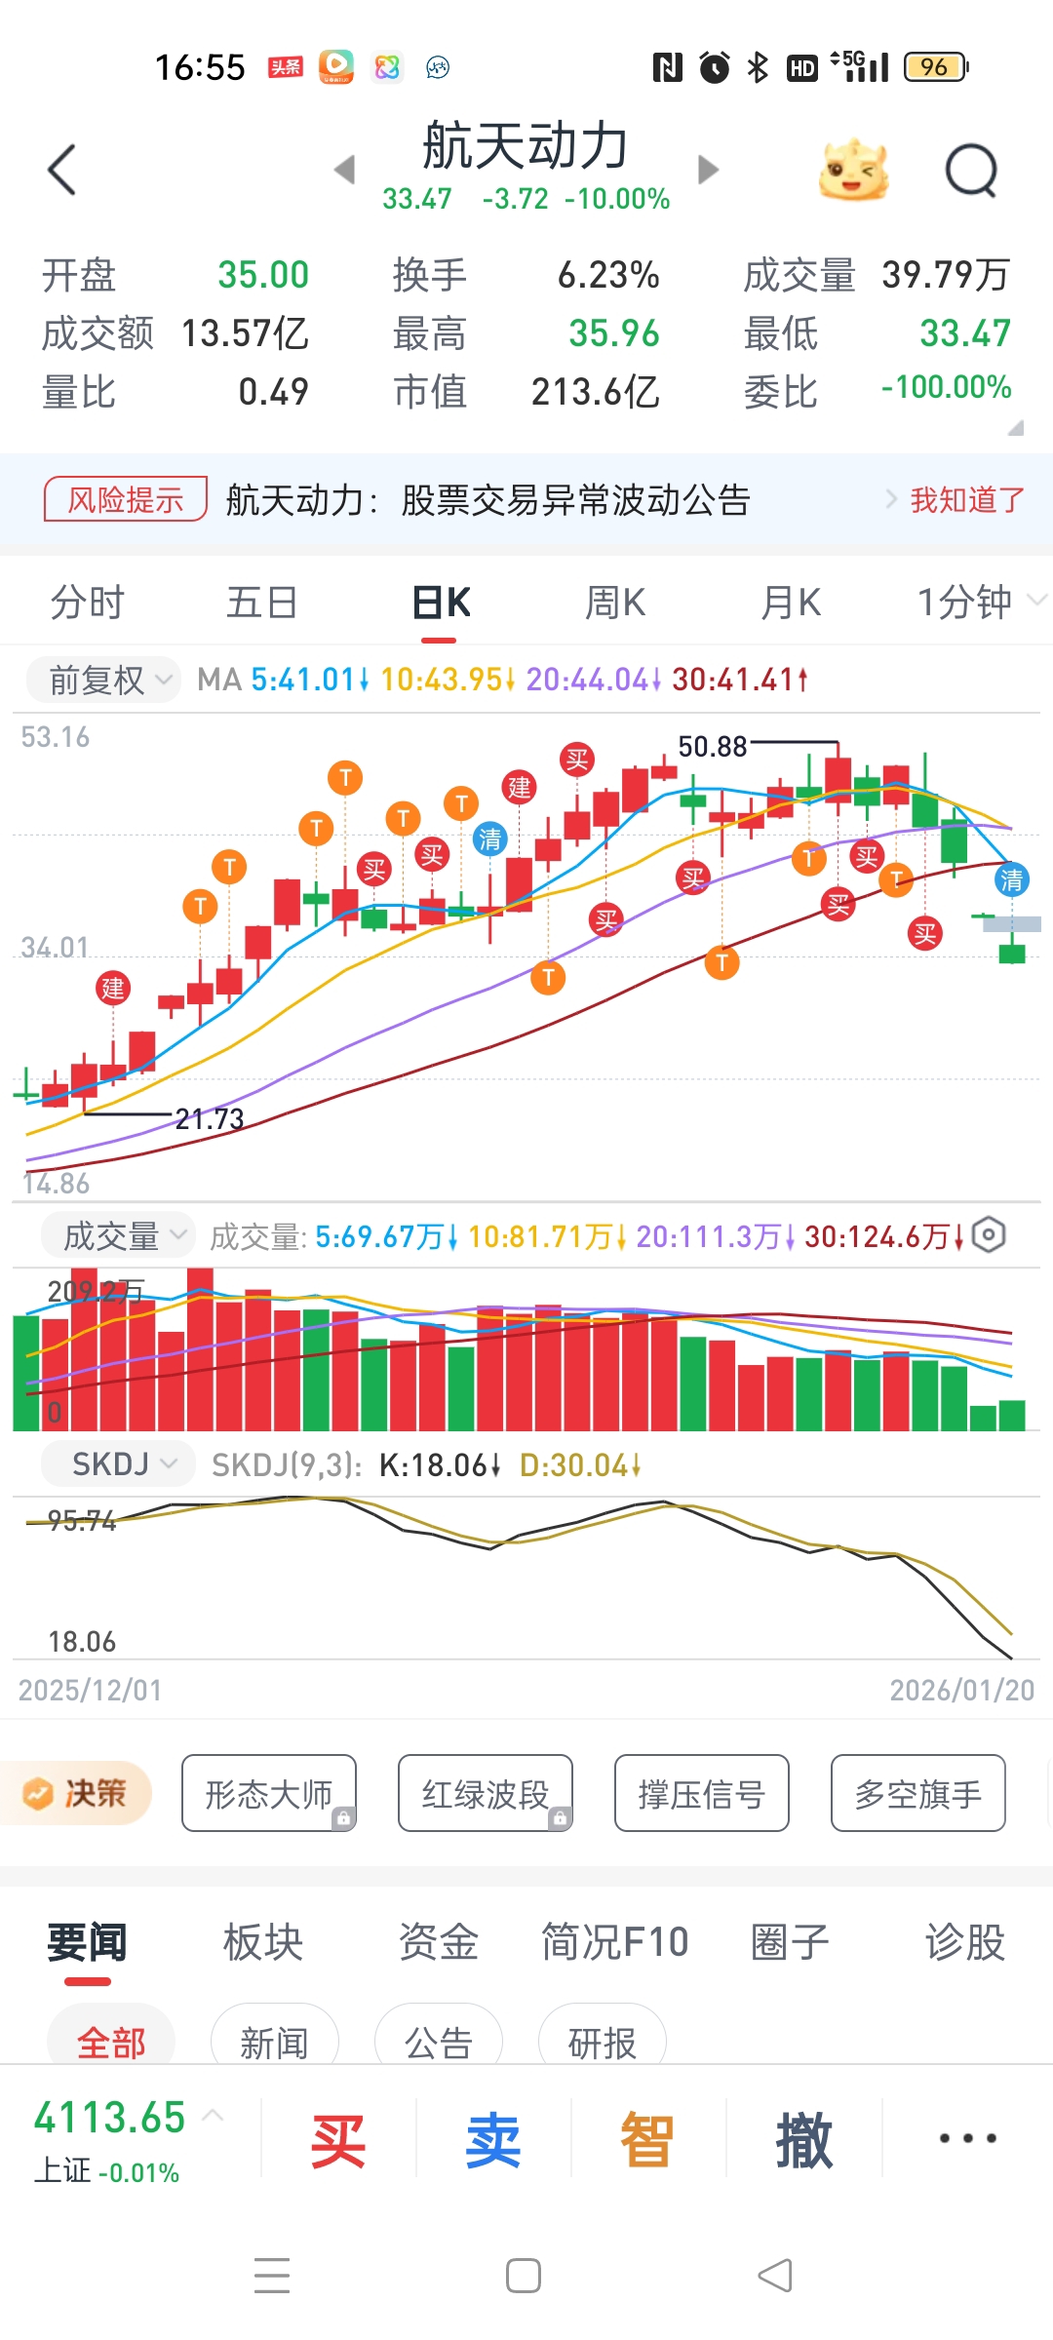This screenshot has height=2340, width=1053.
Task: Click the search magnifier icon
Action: click(971, 172)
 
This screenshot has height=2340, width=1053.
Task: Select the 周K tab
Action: click(615, 603)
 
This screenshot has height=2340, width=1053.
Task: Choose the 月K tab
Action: click(791, 603)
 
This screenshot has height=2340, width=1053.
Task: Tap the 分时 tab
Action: click(88, 603)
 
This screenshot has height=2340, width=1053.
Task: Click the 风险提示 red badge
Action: click(126, 499)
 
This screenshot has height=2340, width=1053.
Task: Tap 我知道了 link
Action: click(966, 500)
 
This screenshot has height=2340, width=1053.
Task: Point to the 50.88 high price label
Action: click(713, 747)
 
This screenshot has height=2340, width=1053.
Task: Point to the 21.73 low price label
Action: click(210, 1118)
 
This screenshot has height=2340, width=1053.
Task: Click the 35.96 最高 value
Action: click(614, 333)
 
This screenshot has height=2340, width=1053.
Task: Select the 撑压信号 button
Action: click(701, 1793)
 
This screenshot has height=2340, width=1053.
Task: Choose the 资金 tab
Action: click(438, 1941)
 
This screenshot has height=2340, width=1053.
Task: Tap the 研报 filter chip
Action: click(602, 2042)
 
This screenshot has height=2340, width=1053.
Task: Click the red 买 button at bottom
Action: click(337, 2141)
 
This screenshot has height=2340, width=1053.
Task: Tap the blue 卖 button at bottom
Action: click(492, 2141)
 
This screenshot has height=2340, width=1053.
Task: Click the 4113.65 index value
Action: click(109, 2118)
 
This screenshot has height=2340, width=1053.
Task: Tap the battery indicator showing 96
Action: click(935, 67)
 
